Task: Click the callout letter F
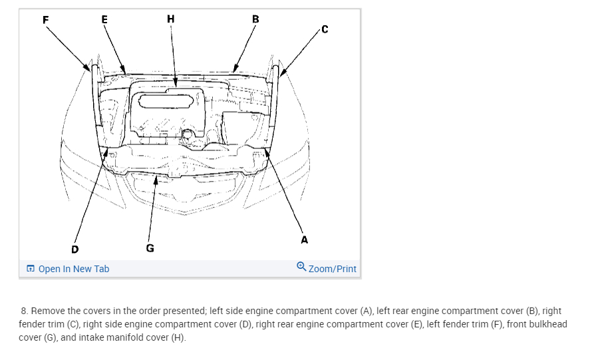pyautogui.click(x=45, y=19)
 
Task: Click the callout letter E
pyautogui.click(x=104, y=19)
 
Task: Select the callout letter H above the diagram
pyautogui.click(x=171, y=19)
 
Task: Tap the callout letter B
pyautogui.click(x=255, y=19)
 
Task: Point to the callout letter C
pyautogui.click(x=324, y=29)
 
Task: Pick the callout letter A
pyautogui.click(x=305, y=240)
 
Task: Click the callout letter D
pyautogui.click(x=74, y=249)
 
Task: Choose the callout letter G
pyautogui.click(x=150, y=248)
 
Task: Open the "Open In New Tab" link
pyautogui.click(x=74, y=269)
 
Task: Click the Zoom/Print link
pyautogui.click(x=332, y=269)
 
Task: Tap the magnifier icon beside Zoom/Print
pyautogui.click(x=301, y=268)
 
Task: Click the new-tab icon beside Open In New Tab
pyautogui.click(x=30, y=269)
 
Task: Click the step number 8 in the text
pyautogui.click(x=24, y=311)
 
